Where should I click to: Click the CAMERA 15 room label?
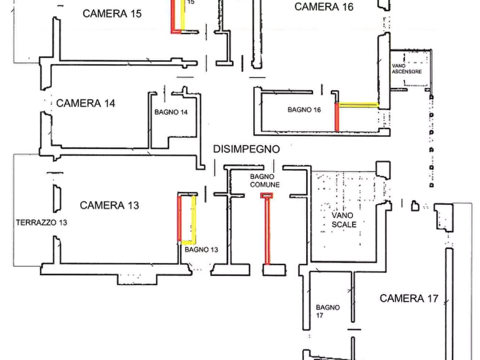pos(112,14)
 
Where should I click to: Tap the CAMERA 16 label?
pos(324,7)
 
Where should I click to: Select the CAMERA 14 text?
pos(85,104)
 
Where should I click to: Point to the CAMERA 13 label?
pos(109,205)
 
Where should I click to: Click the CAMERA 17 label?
pos(409,298)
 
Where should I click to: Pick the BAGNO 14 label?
pos(171,112)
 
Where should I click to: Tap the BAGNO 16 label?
pos(304,110)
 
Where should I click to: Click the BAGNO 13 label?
pos(202,250)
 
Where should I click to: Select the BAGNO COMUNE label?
pos(265,181)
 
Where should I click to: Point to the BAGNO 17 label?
pos(327,311)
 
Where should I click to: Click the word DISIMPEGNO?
pos(246,149)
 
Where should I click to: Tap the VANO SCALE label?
pos(344,220)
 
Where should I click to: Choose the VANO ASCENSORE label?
pos(407,69)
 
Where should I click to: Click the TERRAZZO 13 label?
pos(41,222)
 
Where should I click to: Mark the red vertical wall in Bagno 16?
pos(337,117)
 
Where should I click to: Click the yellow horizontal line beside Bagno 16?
pos(359,105)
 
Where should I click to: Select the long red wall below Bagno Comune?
pos(267,231)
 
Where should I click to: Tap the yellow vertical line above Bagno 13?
pos(194,219)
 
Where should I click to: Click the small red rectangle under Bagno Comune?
pos(267,196)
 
